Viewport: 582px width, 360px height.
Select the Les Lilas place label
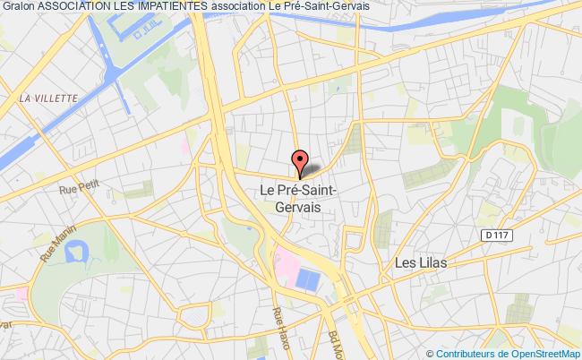pyautogui.click(x=420, y=263)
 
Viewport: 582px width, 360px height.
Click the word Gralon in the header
pyautogui.click(x=18, y=6)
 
